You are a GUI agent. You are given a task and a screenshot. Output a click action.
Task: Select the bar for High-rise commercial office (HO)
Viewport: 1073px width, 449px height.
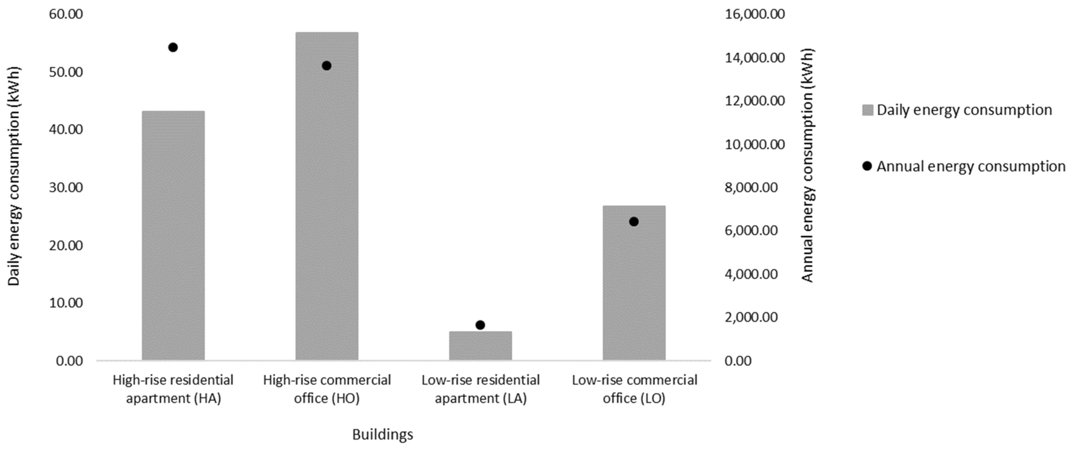point(327,196)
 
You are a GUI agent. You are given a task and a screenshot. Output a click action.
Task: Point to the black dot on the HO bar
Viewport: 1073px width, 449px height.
point(327,66)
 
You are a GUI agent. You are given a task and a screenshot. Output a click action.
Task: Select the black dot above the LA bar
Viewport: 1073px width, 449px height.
point(480,325)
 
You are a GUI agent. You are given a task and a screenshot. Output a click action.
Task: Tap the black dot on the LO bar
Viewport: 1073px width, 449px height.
point(634,222)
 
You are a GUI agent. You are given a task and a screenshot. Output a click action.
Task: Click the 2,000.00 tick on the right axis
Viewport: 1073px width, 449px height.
point(751,317)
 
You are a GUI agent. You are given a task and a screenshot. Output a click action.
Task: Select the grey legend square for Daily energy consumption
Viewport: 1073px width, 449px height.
point(868,110)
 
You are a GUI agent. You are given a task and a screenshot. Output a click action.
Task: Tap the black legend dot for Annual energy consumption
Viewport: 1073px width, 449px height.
point(867,166)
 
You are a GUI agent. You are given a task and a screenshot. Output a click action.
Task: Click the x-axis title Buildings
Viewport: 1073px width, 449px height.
point(382,435)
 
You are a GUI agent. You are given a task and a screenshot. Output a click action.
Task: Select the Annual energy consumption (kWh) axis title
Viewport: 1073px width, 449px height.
point(807,166)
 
